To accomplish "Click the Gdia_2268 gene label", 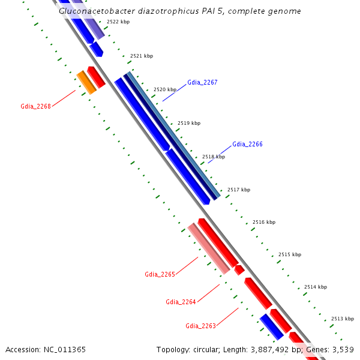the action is click(x=35, y=106).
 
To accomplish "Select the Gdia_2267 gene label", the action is click(x=202, y=82).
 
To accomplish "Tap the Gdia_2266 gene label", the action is click(x=247, y=144).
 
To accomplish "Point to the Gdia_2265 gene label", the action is click(x=160, y=274).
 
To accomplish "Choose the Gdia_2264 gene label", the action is click(x=181, y=301).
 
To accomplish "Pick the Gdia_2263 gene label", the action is click(x=200, y=326).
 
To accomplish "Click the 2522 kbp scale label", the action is click(x=118, y=22).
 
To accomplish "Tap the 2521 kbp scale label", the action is click(x=142, y=56).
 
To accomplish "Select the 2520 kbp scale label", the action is click(x=165, y=89).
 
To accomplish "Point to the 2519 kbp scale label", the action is click(x=189, y=123).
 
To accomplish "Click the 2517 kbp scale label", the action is click(x=239, y=190).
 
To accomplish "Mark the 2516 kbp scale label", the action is click(x=264, y=222).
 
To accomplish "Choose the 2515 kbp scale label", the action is click(x=290, y=254).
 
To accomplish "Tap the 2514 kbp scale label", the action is click(x=316, y=287).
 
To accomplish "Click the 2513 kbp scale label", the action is click(x=342, y=319).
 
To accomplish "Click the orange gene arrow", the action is click(x=86, y=82).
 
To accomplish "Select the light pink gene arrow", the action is click(x=209, y=248).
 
